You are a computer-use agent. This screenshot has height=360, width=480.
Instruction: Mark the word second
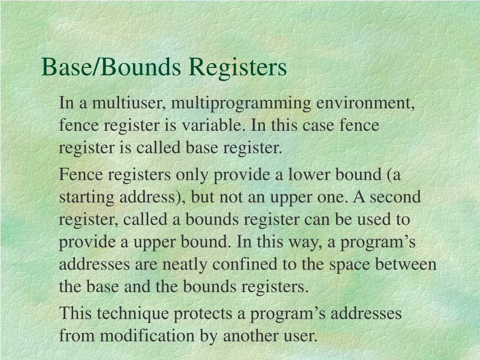pos(395,197)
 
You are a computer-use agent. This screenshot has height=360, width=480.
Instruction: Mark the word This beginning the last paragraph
pos(75,313)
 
